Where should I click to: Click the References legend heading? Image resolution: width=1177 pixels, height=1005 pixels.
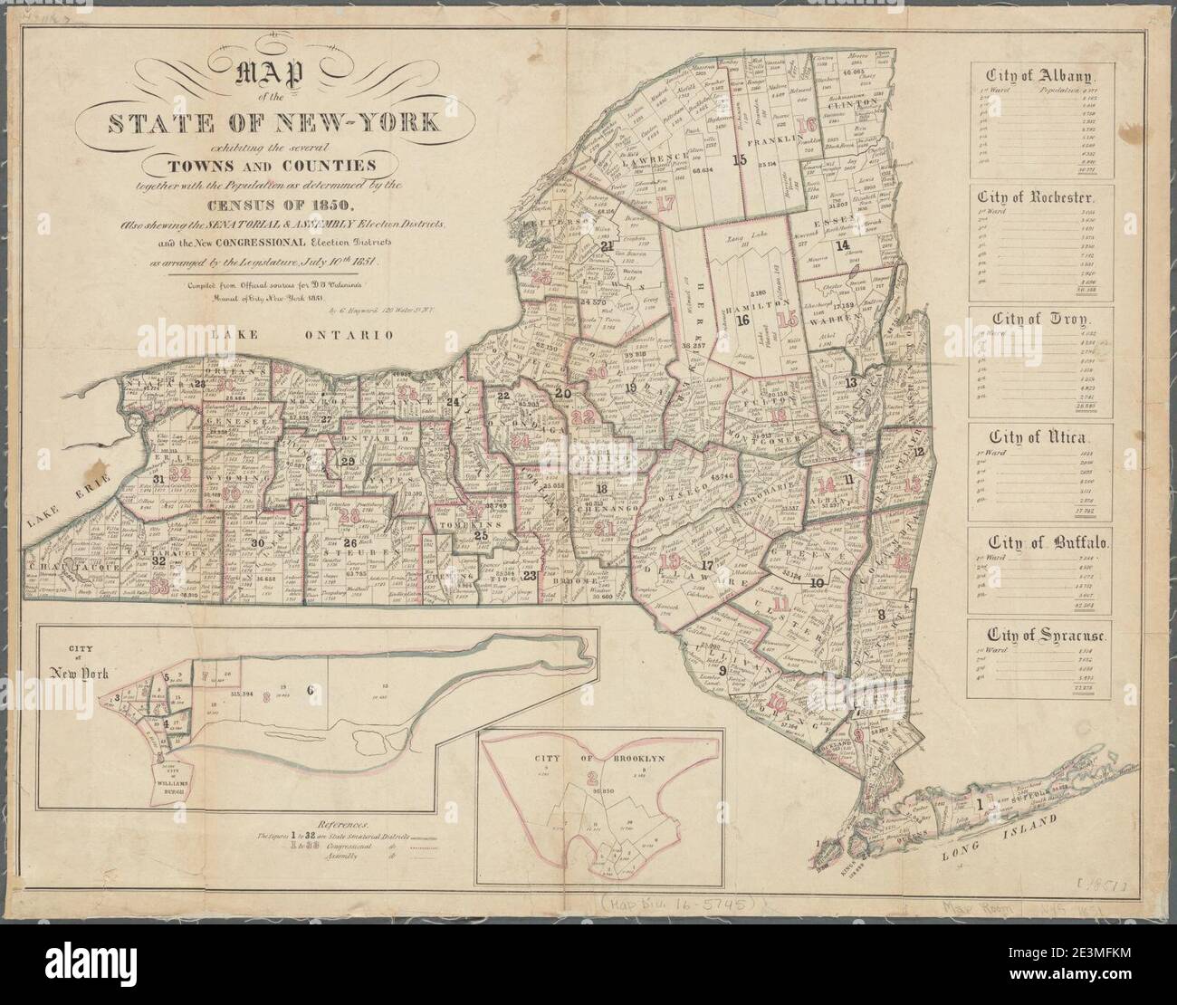(x=328, y=825)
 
